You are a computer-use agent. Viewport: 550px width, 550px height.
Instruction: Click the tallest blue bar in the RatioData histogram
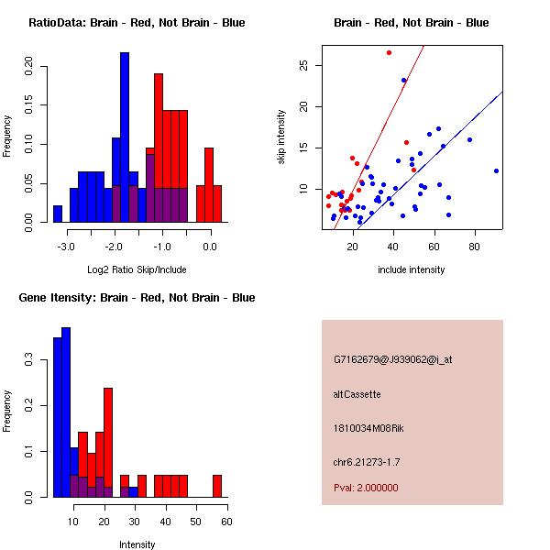125,137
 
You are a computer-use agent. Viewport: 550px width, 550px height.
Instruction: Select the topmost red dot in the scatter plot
389,52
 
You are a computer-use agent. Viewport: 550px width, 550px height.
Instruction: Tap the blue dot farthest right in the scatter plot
496,170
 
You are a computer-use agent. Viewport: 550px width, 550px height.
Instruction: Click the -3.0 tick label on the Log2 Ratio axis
66,247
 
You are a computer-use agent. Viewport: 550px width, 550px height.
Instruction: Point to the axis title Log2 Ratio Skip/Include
137,269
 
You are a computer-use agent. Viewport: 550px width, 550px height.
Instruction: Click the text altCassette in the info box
357,394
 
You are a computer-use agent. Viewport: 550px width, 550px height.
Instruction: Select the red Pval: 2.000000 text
366,488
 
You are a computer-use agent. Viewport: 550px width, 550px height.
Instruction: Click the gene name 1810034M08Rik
368,428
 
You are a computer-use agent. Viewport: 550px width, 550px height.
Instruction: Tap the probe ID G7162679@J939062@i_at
393,359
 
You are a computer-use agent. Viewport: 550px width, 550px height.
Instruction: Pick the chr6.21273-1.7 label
367,462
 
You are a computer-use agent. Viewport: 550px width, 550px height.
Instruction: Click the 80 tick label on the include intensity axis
474,247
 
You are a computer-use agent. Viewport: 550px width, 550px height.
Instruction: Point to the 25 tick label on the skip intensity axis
303,65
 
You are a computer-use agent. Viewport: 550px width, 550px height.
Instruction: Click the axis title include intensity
411,269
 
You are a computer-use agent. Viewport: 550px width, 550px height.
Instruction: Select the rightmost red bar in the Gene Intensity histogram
217,486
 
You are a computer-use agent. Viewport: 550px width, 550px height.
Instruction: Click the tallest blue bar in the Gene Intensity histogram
66,412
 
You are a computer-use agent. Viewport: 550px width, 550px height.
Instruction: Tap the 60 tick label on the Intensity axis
226,522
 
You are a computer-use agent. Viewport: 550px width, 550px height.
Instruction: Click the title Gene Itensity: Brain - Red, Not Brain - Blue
137,298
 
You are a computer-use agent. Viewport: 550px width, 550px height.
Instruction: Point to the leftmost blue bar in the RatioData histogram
58,214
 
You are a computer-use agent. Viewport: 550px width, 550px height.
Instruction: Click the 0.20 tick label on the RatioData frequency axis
28,66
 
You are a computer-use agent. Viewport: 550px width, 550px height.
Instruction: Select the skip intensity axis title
281,137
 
